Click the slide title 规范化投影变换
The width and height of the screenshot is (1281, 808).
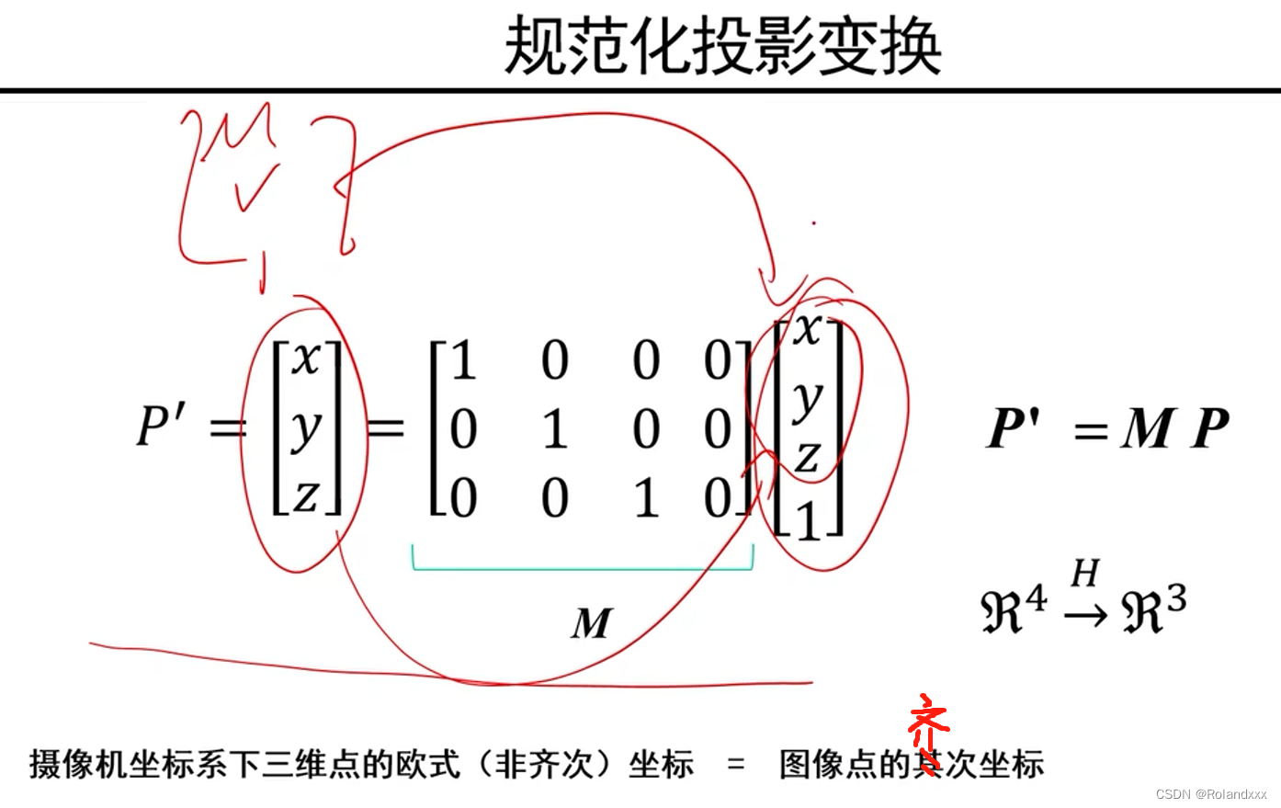click(723, 46)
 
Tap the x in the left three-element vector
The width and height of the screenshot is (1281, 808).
click(306, 358)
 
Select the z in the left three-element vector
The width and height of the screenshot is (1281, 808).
click(306, 496)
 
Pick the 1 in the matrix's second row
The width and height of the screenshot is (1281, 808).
click(554, 428)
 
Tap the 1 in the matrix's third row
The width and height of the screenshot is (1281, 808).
click(646, 497)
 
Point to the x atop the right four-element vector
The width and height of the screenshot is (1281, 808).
click(808, 328)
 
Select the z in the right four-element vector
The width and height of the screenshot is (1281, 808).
click(808, 456)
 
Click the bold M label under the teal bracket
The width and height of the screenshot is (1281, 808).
click(590, 623)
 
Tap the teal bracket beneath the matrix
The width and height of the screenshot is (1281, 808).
click(583, 567)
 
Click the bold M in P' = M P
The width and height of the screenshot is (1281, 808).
click(1147, 428)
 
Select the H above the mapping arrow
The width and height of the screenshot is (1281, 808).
click(1085, 574)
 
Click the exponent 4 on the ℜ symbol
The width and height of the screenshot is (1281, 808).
click(1036, 599)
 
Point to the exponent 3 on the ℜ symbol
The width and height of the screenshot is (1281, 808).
click(1175, 600)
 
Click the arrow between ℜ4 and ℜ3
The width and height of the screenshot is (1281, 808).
click(1086, 613)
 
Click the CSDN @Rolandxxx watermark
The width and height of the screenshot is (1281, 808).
click(1210, 793)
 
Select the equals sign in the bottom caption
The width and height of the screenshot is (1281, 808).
click(735, 764)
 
